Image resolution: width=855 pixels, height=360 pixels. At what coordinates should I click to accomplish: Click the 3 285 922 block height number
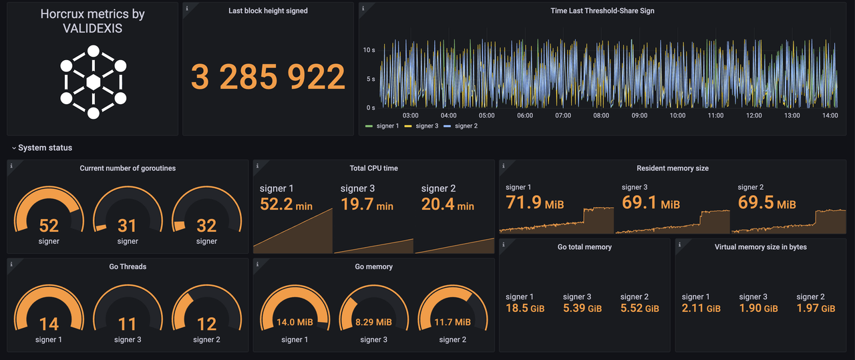coord(268,77)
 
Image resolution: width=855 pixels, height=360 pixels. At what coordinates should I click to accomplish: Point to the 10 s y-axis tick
coord(369,50)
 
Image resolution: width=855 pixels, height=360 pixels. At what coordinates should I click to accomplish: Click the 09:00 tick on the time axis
coord(639,116)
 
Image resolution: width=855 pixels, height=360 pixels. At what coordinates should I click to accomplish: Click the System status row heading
coord(45,148)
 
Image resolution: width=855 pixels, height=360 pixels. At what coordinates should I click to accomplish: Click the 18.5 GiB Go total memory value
coord(525,308)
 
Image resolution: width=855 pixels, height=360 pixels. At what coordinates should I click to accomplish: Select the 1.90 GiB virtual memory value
coord(758,308)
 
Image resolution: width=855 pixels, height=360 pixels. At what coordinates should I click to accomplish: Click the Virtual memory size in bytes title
coord(760,247)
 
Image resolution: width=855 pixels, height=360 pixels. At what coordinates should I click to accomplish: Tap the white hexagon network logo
coord(94,81)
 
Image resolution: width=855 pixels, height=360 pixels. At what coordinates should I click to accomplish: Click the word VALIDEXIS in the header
coord(92,29)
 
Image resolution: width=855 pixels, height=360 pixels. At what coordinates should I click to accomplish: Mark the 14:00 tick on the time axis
coord(830,116)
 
